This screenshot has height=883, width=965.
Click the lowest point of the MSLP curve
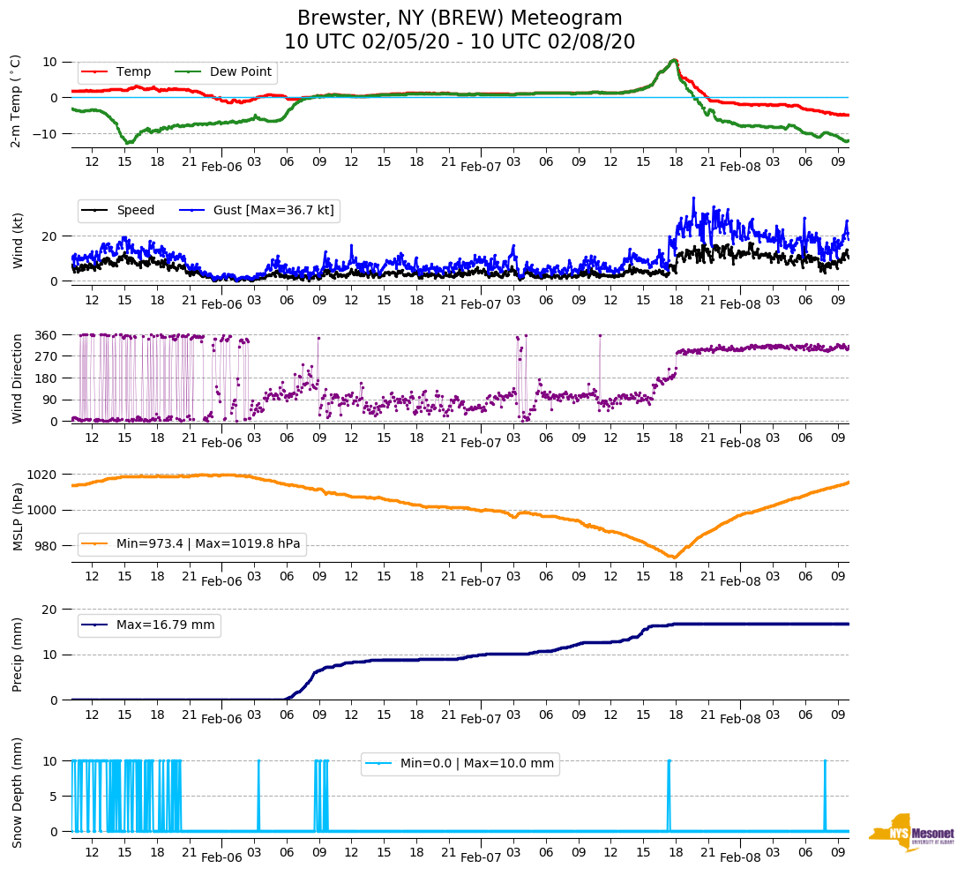click(674, 557)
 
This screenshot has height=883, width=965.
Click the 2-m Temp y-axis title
click(16, 101)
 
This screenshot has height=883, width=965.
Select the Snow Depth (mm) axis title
click(18, 793)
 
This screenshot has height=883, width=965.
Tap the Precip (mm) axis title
click(18, 655)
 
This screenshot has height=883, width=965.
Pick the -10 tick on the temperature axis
click(46, 133)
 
